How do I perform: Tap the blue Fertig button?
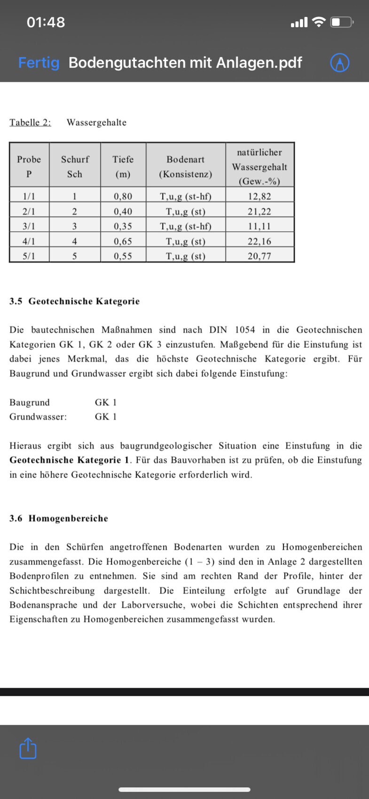(x=39, y=63)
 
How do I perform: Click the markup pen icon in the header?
(x=339, y=63)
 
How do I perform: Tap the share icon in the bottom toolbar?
(x=28, y=748)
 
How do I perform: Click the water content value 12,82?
(x=259, y=196)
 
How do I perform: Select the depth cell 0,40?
(x=123, y=211)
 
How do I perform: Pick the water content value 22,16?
(x=259, y=242)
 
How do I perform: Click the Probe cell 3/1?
(x=29, y=227)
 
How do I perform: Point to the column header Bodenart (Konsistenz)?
(x=185, y=166)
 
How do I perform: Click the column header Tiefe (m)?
(x=123, y=166)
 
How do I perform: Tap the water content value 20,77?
(x=259, y=256)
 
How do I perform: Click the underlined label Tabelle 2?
(x=30, y=123)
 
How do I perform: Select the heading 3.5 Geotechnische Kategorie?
(x=74, y=301)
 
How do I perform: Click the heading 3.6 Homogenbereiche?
(x=59, y=518)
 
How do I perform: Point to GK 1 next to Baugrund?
(x=106, y=402)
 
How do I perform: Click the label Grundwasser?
(x=38, y=417)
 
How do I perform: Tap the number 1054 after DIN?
(x=245, y=330)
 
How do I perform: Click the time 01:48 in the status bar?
(x=46, y=22)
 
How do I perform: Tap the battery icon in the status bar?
(x=342, y=22)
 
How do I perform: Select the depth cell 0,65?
(x=123, y=242)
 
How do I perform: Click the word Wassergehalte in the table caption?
(x=96, y=123)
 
